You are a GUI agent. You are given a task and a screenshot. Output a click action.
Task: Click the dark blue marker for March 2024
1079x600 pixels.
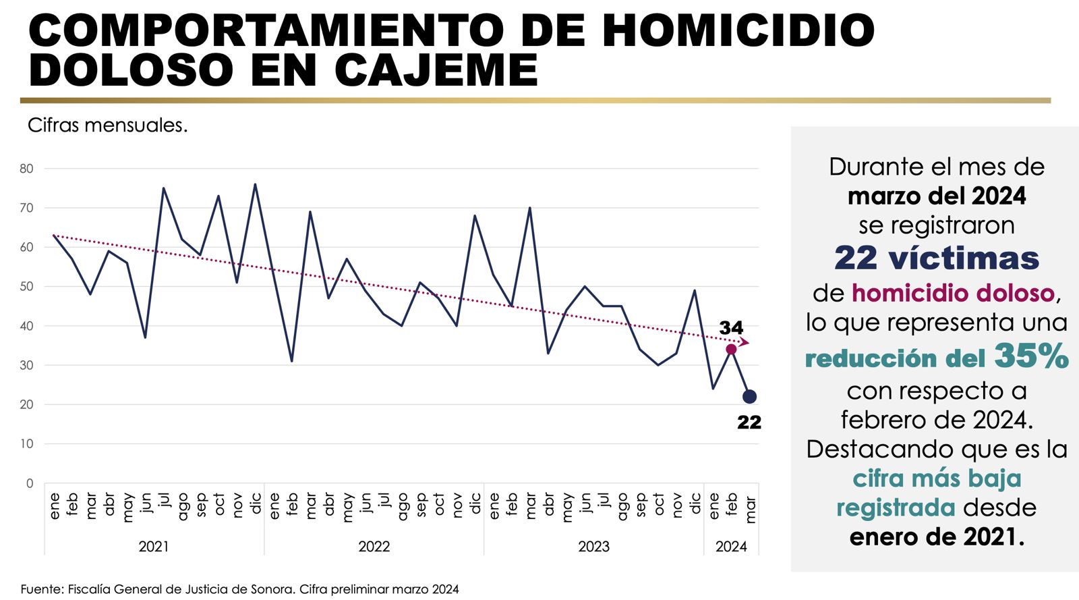coord(749,397)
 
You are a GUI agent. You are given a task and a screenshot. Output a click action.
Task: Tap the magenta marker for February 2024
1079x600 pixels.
coord(731,349)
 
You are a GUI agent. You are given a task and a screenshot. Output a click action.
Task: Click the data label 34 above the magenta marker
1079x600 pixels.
coord(731,328)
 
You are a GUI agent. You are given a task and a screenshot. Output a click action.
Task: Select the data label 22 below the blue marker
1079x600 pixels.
coord(749,422)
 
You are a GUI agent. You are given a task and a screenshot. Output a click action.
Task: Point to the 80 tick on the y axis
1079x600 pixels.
coord(26,169)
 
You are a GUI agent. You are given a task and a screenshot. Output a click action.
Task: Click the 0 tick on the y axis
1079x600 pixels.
coord(30,483)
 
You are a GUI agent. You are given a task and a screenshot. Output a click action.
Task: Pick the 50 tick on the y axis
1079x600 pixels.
coord(26,286)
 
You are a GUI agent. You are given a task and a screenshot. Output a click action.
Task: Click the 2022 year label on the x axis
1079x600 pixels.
coord(374,547)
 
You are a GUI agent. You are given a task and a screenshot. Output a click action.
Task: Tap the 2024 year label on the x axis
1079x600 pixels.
coord(731,547)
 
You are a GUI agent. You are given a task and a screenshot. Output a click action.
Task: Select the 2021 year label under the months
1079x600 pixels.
coord(154,547)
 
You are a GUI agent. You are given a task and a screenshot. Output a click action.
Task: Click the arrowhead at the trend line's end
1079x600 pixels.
coord(745,342)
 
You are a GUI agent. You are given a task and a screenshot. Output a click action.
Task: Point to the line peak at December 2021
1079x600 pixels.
coord(255,184)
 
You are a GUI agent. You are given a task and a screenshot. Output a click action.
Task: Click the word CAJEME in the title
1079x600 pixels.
coord(436,70)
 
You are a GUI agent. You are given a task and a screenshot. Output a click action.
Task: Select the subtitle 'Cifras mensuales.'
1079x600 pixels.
coord(107,125)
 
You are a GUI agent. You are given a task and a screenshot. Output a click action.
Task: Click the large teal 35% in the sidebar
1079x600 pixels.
coord(1031,356)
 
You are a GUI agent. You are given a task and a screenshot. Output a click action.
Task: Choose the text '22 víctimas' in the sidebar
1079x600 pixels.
coord(936,258)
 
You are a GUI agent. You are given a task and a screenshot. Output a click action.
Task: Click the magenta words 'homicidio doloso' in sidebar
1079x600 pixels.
coord(953,293)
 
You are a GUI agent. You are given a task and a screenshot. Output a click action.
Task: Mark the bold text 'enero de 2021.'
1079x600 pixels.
coord(936,537)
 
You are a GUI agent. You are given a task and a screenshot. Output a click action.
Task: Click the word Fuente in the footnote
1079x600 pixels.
coord(41,589)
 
